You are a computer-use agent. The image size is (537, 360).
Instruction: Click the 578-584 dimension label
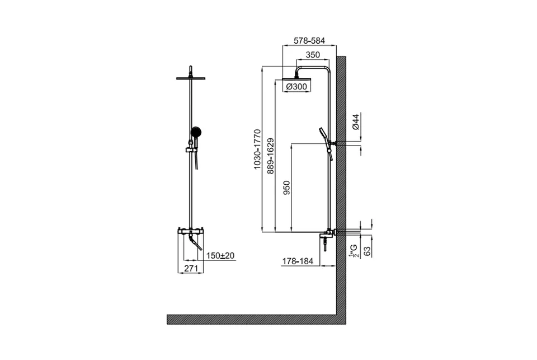[309, 40]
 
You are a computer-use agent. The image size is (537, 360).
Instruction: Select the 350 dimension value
[313, 55]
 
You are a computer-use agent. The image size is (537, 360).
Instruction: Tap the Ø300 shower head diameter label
[296, 87]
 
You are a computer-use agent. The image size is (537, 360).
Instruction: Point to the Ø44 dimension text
[356, 121]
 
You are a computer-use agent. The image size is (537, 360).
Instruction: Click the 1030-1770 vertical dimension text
[257, 149]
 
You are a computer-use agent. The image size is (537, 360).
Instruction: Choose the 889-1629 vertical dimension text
[271, 156]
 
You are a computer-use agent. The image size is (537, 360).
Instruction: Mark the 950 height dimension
[286, 188]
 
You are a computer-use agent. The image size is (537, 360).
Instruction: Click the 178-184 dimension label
[298, 261]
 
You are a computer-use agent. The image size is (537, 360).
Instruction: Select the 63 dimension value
[367, 251]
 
